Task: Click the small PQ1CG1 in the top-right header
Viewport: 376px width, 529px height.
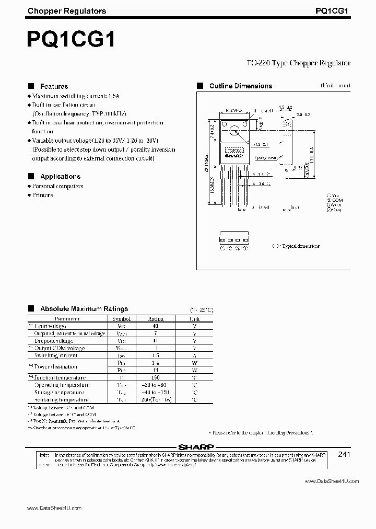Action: click(x=333, y=10)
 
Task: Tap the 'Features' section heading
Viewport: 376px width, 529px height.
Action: click(x=54, y=86)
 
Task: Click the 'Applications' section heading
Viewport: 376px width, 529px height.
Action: click(x=60, y=177)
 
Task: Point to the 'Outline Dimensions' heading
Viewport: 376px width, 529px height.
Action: click(x=240, y=86)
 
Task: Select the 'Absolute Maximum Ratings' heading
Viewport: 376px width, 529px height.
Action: click(x=84, y=309)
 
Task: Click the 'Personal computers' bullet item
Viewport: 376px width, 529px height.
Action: click(x=57, y=186)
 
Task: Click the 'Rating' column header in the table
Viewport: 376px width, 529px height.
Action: click(x=156, y=318)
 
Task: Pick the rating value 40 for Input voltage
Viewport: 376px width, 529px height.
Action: click(x=156, y=326)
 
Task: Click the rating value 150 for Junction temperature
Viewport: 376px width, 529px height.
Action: click(x=156, y=377)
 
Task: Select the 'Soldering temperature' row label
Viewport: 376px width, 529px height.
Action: click(x=62, y=399)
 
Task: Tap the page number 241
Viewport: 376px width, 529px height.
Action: click(x=344, y=455)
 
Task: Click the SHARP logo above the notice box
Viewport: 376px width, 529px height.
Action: click(x=196, y=447)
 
